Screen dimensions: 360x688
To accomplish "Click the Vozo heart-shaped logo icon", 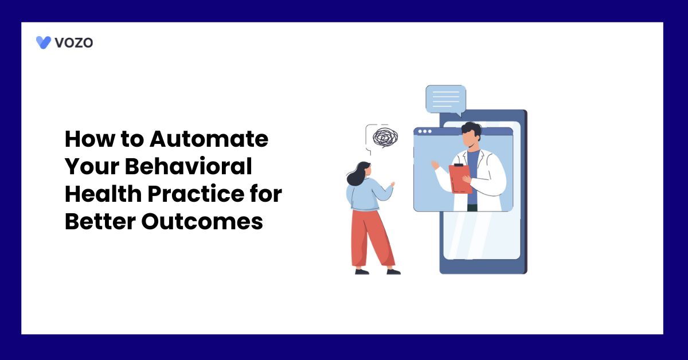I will (44, 42).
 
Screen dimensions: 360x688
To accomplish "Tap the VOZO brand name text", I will (73, 42).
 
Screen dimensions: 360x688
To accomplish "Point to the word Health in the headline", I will (102, 194).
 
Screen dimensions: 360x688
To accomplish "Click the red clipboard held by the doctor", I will (460, 178).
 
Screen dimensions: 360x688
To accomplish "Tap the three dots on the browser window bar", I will (425, 131).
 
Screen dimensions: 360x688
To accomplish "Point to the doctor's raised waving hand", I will (435, 165).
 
